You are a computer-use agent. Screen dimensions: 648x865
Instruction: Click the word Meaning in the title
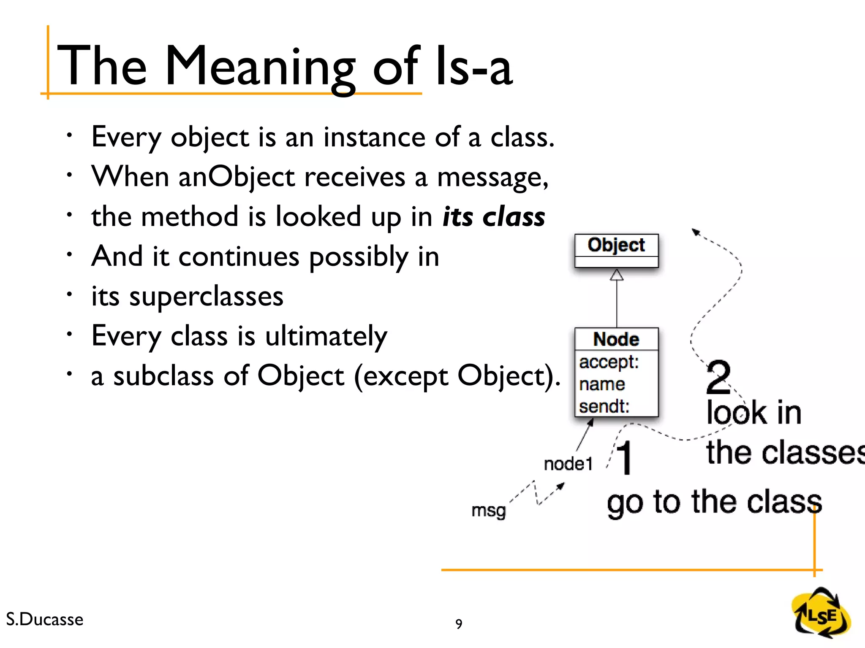[260, 67]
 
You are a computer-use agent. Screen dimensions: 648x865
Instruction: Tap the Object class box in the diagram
[616, 250]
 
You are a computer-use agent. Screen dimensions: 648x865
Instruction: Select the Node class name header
[616, 339]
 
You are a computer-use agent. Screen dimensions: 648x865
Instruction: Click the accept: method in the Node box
[609, 362]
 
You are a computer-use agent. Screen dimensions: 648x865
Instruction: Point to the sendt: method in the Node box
[604, 406]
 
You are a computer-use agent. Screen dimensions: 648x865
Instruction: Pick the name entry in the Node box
[602, 384]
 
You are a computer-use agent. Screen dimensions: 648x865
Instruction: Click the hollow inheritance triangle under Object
[617, 275]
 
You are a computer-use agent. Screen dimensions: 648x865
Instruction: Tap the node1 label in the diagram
[568, 464]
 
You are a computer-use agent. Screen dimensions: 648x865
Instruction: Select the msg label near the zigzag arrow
[488, 510]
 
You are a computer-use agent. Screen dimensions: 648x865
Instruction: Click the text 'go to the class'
[714, 502]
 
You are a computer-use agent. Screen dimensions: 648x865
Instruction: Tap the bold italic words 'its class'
[494, 217]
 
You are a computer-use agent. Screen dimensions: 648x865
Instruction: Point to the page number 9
[459, 624]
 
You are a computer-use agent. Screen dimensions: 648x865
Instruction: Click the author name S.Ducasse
[45, 619]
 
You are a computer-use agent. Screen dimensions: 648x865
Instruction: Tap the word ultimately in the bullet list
[326, 336]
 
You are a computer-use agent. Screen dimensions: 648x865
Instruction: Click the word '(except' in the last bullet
[400, 376]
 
